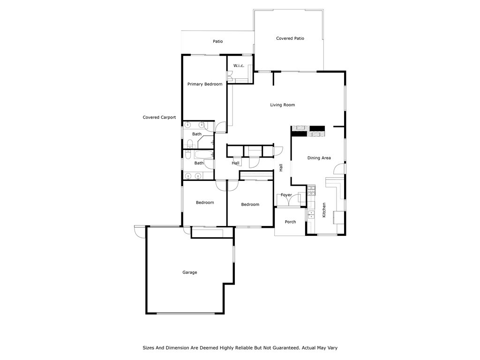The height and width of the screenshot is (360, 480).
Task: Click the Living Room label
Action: click(x=282, y=105)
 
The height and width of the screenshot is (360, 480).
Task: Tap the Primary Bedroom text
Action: click(x=205, y=84)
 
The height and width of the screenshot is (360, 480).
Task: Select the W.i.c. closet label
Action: click(x=239, y=66)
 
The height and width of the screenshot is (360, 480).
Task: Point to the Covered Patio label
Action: click(x=290, y=38)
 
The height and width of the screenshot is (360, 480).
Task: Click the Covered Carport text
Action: click(x=159, y=118)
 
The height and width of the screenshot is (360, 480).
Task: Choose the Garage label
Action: click(x=190, y=272)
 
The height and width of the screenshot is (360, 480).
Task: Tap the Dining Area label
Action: click(x=319, y=158)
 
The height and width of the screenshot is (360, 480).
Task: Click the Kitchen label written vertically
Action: click(x=324, y=210)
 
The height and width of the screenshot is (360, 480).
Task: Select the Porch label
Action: click(x=291, y=222)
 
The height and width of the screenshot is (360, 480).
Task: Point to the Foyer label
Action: click(x=286, y=195)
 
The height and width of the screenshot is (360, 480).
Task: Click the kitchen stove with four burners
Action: click(x=311, y=191)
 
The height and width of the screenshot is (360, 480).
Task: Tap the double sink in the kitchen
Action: click(x=311, y=215)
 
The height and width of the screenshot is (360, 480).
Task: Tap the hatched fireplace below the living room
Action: click(x=308, y=131)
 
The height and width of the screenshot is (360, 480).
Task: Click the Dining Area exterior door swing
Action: click(x=343, y=169)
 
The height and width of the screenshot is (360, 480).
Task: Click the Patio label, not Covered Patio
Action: click(x=218, y=41)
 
